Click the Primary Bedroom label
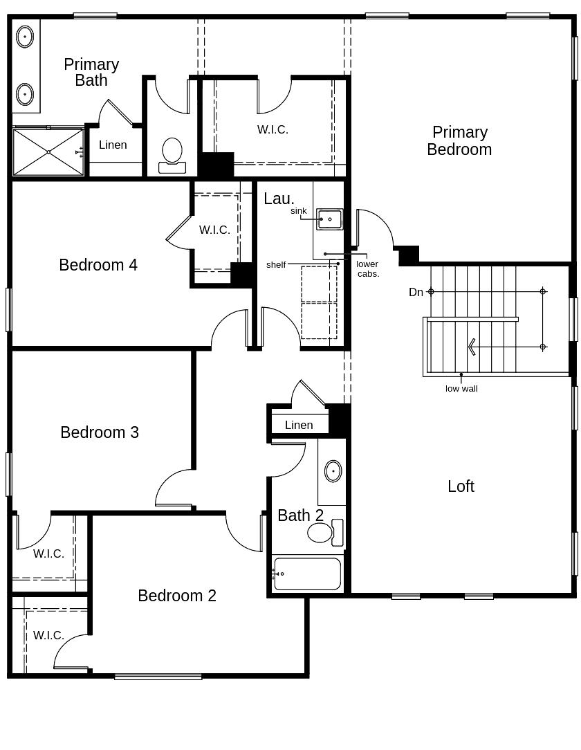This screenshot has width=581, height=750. (x=459, y=140)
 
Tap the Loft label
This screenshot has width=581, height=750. (x=461, y=486)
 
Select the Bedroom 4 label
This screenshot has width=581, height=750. (x=98, y=265)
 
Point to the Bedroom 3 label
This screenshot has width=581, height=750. (x=100, y=432)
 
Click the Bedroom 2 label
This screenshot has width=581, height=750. (x=177, y=596)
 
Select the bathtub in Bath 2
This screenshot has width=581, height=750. (x=308, y=574)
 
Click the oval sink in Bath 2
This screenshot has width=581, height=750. (x=333, y=471)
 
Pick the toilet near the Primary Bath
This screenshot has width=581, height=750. (x=172, y=155)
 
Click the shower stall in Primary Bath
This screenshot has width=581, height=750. (x=48, y=152)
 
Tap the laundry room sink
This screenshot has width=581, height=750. (x=329, y=219)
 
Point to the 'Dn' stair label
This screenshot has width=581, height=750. (x=416, y=292)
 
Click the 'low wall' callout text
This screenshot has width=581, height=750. (x=461, y=389)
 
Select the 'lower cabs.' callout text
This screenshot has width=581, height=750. (x=368, y=268)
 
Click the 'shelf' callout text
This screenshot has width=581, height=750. (x=276, y=265)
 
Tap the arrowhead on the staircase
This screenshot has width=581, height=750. (x=472, y=347)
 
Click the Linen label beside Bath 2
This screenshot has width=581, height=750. (x=299, y=425)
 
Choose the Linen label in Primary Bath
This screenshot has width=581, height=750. (x=113, y=145)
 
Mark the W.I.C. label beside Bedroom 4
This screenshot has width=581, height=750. (x=214, y=230)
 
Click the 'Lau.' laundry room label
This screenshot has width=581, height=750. (x=279, y=199)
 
